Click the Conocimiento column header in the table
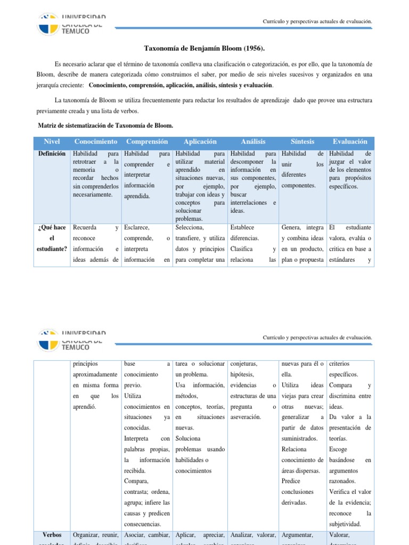point(96,142)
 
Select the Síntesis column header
point(302,142)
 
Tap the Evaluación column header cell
point(350,142)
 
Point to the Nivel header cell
point(52,142)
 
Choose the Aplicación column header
point(200,142)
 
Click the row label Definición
point(52,153)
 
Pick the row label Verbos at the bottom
point(52,535)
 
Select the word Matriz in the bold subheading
point(48,125)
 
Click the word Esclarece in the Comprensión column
point(137,227)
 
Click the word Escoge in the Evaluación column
point(339,449)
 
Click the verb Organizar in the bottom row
point(87,535)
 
